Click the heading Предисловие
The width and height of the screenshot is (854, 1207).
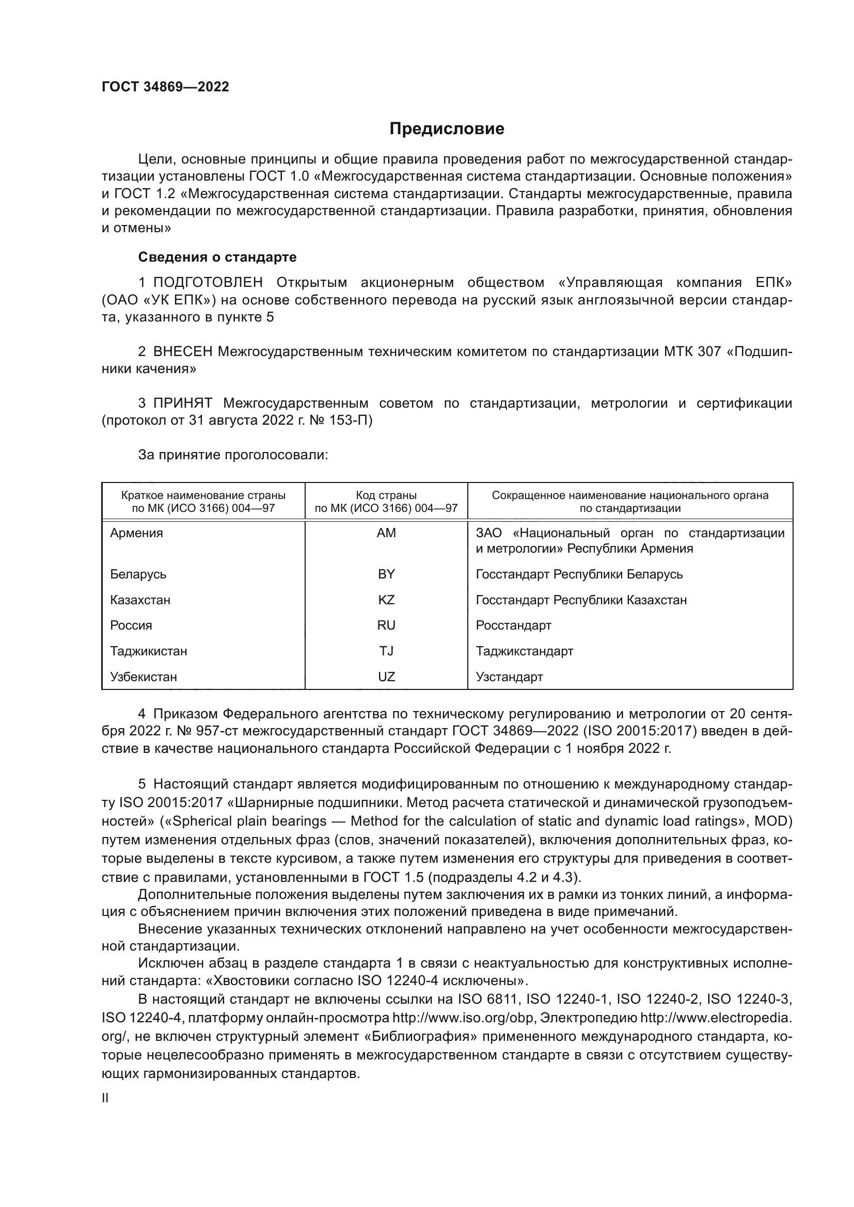(x=447, y=129)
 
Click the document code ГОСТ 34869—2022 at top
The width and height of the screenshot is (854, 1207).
(x=165, y=87)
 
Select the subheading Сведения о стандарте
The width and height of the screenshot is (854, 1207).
(x=217, y=257)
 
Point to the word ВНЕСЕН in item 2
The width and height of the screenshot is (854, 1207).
(x=182, y=352)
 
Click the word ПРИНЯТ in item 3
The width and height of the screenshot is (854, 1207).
(x=182, y=404)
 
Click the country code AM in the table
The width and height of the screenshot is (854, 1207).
(x=386, y=533)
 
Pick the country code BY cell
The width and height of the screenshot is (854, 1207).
(x=386, y=574)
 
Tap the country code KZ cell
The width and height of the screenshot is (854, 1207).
(x=386, y=600)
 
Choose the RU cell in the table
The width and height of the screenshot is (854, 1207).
(x=386, y=625)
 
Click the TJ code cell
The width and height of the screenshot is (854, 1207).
(x=386, y=651)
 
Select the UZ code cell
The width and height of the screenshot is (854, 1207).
(x=386, y=677)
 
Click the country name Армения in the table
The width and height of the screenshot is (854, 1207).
(x=137, y=533)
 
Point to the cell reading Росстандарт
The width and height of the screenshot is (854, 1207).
(x=513, y=625)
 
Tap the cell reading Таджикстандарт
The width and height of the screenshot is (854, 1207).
(x=524, y=651)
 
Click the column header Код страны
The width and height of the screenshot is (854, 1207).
(x=386, y=496)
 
